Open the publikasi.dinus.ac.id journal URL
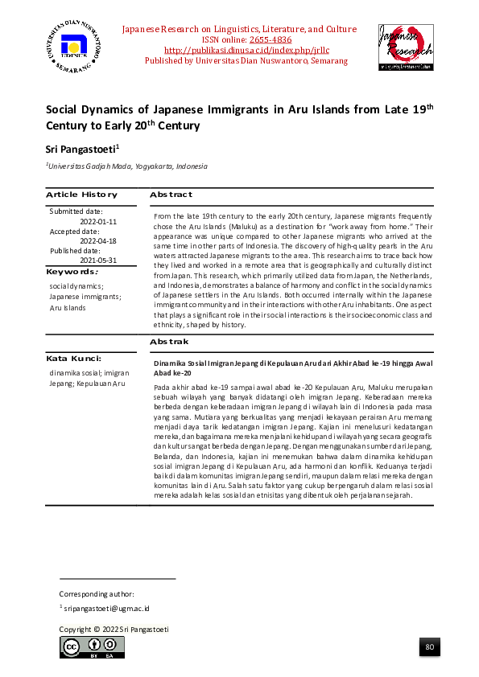238,50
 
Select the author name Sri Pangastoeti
83,149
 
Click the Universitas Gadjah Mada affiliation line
127,166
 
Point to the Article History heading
81,195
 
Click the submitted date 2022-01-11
98,221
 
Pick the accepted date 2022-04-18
98,240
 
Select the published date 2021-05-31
98,261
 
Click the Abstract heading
170,195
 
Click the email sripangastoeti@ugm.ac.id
106,609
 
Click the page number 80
429,647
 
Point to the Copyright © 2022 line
114,629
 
